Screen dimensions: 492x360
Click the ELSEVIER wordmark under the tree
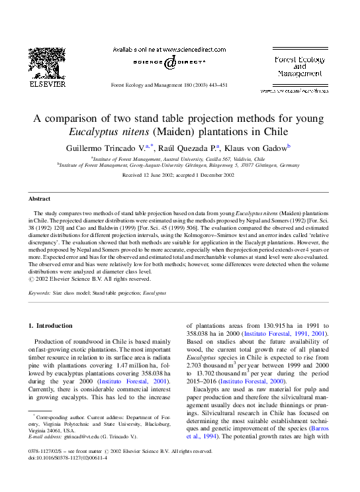click(x=47, y=84)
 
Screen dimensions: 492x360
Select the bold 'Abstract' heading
click(x=39, y=199)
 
